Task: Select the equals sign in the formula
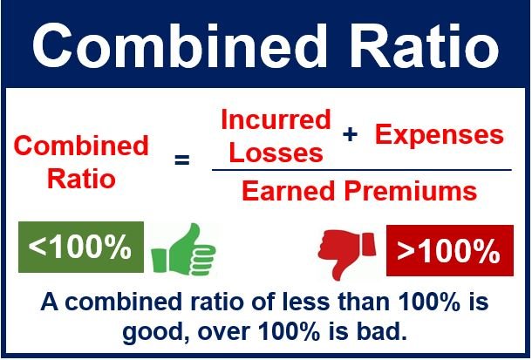pos(181,160)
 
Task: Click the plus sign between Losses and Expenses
pos(351,134)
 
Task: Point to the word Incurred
pos(276,119)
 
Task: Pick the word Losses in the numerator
pos(271,152)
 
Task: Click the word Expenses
pos(440,134)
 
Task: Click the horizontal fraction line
pos(361,170)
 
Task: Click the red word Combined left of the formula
pos(83,145)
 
